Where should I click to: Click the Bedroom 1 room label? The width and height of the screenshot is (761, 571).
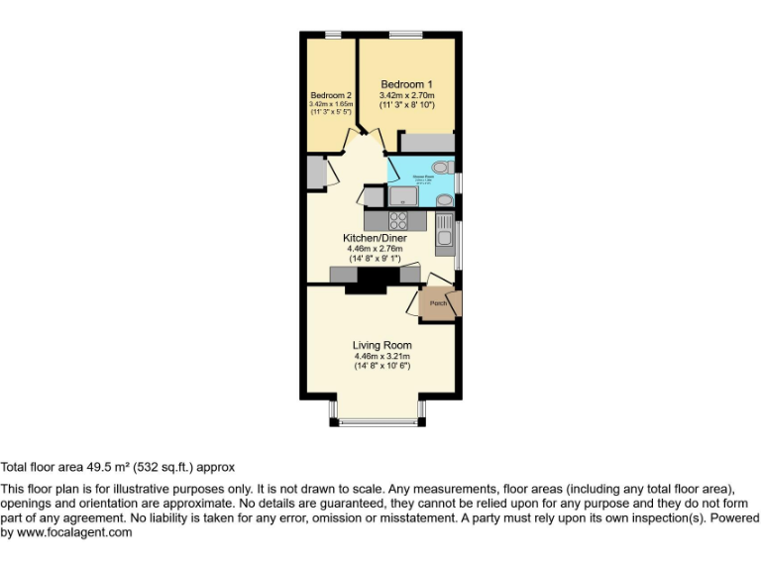click(406, 84)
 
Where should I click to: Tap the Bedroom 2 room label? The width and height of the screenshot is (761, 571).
click(330, 95)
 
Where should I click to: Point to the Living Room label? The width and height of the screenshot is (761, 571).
click(381, 345)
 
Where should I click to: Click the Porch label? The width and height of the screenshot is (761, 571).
click(437, 303)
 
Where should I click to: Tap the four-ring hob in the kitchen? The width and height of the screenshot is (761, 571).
click(398, 221)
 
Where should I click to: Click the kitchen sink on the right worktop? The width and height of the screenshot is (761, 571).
click(444, 237)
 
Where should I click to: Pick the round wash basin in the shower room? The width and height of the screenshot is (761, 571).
click(444, 200)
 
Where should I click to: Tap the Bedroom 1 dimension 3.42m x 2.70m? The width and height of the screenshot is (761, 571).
click(406, 94)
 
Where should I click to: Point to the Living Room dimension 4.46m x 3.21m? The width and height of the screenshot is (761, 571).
click(381, 356)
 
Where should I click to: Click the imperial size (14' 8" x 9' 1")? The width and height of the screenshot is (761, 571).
click(381, 259)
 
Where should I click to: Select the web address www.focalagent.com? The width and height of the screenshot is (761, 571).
click(74, 532)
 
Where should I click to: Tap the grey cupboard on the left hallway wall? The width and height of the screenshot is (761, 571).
click(315, 172)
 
